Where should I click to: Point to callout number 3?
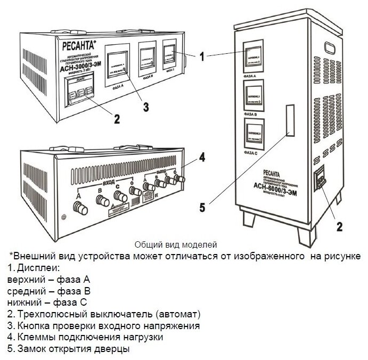pyautogui.click(x=145, y=107)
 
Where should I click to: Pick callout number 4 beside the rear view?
pyautogui.click(x=202, y=157)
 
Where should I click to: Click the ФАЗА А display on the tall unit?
pyautogui.click(x=255, y=57)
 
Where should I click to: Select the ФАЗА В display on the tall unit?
pyautogui.click(x=255, y=95)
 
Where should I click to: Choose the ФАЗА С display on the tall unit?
pyautogui.click(x=255, y=134)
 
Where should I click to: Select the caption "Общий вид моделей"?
pyautogui.click(x=176, y=245)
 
